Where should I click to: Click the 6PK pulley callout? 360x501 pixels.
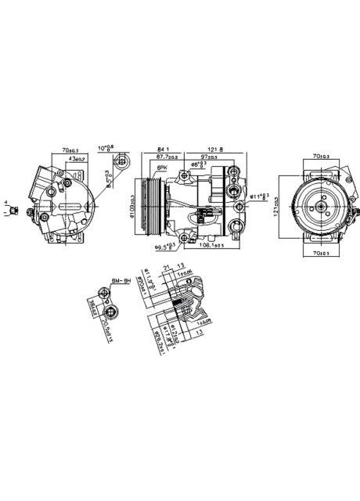[x=162, y=168]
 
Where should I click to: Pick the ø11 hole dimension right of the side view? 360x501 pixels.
[x=260, y=196]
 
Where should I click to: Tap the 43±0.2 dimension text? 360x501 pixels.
[x=76, y=159]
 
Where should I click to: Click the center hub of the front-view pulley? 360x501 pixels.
[x=320, y=206]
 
